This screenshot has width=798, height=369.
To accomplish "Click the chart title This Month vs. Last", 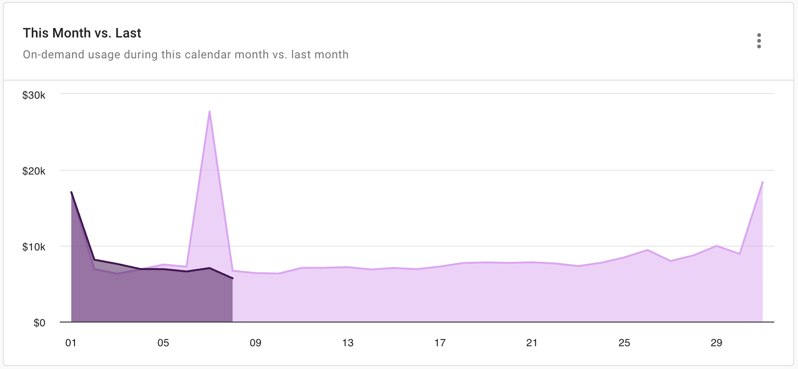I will click(x=82, y=33).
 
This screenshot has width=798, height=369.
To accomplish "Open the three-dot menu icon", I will click(x=759, y=41).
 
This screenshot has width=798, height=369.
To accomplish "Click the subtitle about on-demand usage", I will click(x=186, y=55).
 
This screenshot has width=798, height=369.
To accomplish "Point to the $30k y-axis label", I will click(x=34, y=95).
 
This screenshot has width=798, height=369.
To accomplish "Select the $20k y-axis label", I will click(x=34, y=171).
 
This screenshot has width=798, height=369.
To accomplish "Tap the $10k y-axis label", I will click(x=34, y=247).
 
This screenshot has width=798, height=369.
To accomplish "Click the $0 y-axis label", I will click(x=39, y=323).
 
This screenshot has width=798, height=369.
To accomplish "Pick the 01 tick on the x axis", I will click(x=71, y=343).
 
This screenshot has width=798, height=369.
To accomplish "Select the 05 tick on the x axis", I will click(x=163, y=343).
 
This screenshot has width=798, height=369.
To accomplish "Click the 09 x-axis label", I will click(x=255, y=343).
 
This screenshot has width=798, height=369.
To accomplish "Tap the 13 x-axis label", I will click(x=348, y=343).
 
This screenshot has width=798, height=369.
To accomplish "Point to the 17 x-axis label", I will click(x=440, y=343).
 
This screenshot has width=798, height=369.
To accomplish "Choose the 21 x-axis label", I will click(x=532, y=343).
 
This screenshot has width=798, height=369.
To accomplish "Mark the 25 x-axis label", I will click(x=624, y=343).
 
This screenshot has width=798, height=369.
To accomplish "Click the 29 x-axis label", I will click(x=716, y=343).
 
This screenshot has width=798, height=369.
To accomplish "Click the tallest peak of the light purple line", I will click(x=209, y=111).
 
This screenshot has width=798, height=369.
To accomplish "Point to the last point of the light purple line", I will click(x=762, y=182).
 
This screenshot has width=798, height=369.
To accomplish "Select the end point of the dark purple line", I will click(x=232, y=278).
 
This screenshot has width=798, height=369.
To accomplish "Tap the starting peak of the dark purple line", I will click(x=71, y=192).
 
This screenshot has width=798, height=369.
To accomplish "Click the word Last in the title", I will click(x=129, y=33).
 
